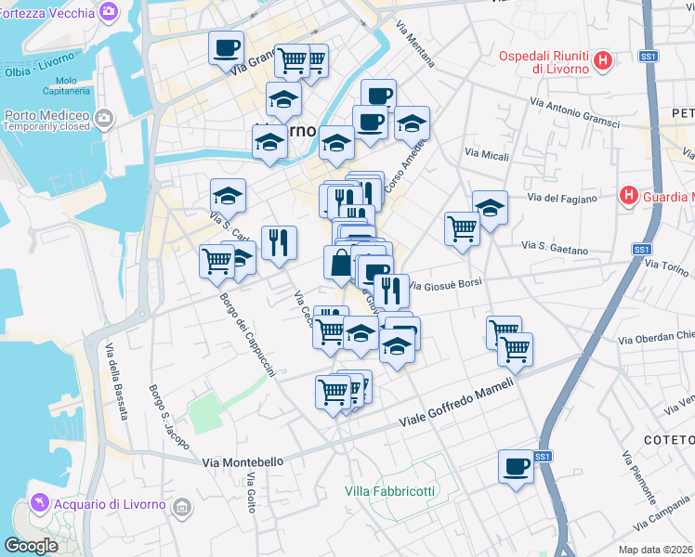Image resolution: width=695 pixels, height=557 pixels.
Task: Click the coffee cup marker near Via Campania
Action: coord(517,466)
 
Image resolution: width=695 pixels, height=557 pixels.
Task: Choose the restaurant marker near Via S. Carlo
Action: coord(279,243)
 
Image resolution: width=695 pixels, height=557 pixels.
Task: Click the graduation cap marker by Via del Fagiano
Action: coord(490,208)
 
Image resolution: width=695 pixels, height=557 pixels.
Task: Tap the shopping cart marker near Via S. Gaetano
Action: coord(462,227)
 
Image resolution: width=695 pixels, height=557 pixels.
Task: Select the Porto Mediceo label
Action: coord(46,116)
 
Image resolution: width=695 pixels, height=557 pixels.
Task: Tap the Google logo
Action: coord(31,546)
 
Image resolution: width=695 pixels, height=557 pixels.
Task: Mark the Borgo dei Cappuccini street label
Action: coord(247,335)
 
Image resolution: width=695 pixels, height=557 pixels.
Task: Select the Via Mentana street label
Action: coord(415,45)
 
